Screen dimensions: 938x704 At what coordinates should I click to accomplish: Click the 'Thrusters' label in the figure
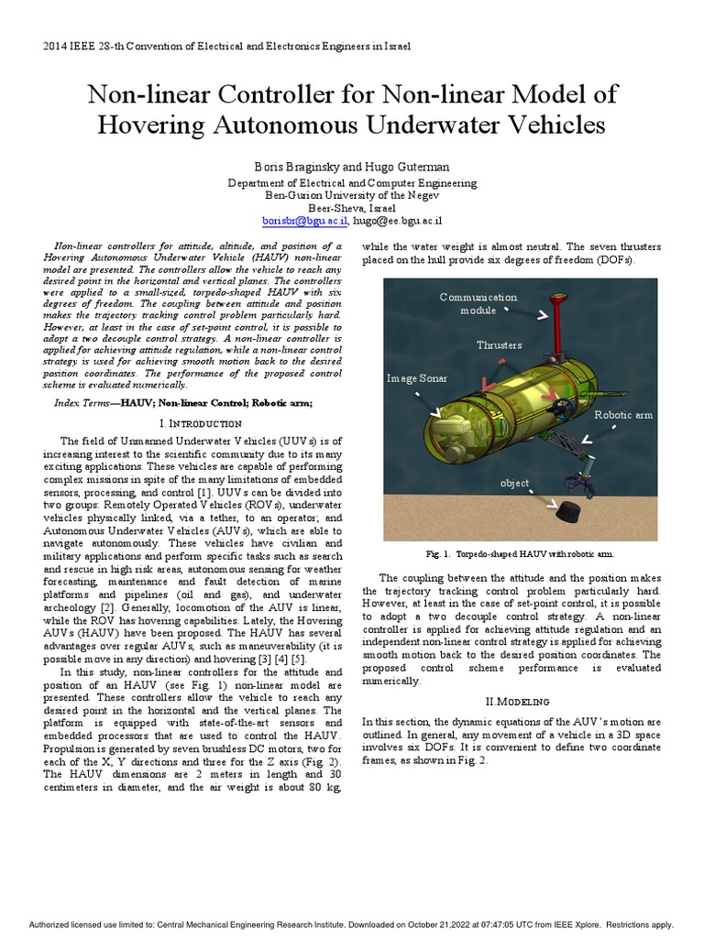click(499, 345)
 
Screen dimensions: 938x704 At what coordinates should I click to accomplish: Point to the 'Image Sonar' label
click(417, 377)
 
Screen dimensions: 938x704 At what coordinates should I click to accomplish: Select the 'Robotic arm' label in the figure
click(623, 415)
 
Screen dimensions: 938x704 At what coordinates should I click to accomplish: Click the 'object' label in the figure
click(514, 483)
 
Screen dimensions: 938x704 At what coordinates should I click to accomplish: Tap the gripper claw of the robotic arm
click(579, 482)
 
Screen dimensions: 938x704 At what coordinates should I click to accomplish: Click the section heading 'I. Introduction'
click(200, 424)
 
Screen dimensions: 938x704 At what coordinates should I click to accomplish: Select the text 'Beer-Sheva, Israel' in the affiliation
click(352, 208)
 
